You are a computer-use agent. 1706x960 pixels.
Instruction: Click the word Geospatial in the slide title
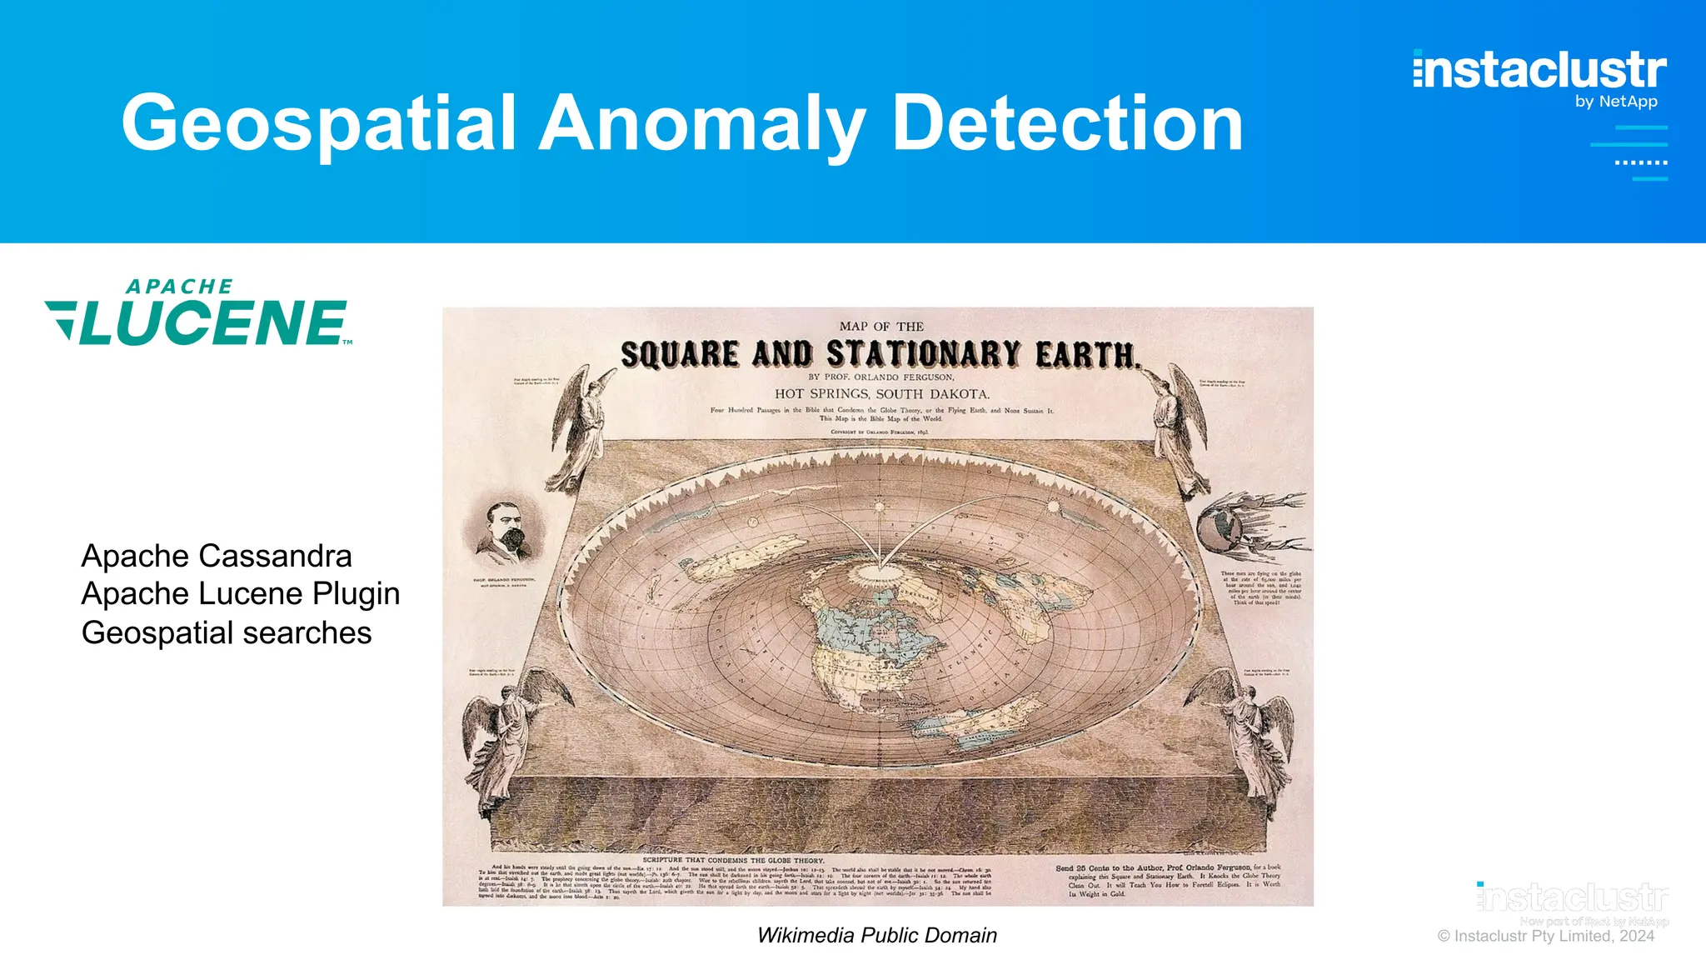coord(321,123)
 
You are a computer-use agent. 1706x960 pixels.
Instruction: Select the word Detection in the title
coord(1068,123)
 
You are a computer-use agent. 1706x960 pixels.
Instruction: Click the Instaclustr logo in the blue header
coord(1539,70)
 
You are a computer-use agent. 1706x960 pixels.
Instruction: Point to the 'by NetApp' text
coord(1616,102)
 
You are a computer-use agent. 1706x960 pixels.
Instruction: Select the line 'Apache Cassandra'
coord(217,556)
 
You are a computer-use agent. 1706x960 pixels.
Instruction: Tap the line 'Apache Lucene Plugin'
coord(241,594)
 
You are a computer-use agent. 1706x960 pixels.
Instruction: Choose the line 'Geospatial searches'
coord(227,633)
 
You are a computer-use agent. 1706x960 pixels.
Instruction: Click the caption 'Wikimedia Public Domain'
coord(877,935)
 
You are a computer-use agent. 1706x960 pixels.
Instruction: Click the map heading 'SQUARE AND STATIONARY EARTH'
coord(879,355)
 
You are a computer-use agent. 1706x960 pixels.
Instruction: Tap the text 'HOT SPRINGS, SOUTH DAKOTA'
coord(882,394)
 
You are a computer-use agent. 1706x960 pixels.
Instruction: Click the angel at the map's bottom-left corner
coord(508,733)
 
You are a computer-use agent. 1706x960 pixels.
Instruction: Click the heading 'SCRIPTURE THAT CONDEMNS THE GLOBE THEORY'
coord(733,860)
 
